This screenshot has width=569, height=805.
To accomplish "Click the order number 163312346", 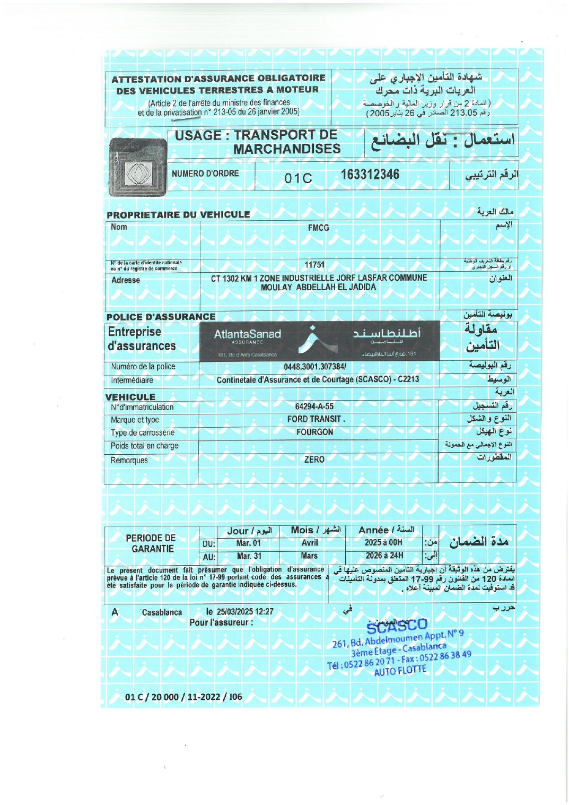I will [x=370, y=175].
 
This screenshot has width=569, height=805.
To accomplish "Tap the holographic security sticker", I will [x=138, y=167].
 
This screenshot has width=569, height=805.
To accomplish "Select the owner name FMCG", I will [x=318, y=228].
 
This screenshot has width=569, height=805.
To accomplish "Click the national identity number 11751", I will [x=314, y=265].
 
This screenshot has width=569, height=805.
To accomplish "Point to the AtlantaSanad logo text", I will [x=247, y=334].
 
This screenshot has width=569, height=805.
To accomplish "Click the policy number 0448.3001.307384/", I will [x=315, y=367].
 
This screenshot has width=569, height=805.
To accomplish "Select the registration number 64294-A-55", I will [x=314, y=406].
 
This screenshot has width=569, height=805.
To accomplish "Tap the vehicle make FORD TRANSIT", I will [x=316, y=419].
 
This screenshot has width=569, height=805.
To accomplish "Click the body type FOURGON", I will [x=315, y=432].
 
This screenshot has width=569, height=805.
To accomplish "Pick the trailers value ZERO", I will [x=314, y=460].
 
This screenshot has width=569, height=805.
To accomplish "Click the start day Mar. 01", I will [x=249, y=543].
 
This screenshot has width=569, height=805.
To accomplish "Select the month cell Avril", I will [x=310, y=543].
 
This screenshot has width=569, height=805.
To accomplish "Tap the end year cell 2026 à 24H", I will [x=384, y=556].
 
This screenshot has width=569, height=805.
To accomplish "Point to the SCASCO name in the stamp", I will [x=397, y=626].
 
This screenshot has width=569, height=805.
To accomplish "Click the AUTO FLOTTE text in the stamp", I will [x=400, y=671].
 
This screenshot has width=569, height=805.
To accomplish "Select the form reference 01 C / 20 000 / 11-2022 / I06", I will [x=183, y=697].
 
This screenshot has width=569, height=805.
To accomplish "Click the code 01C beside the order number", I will [x=298, y=178].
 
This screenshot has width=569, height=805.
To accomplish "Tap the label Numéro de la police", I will [x=143, y=367].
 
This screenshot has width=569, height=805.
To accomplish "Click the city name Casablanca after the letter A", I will [x=162, y=612].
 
